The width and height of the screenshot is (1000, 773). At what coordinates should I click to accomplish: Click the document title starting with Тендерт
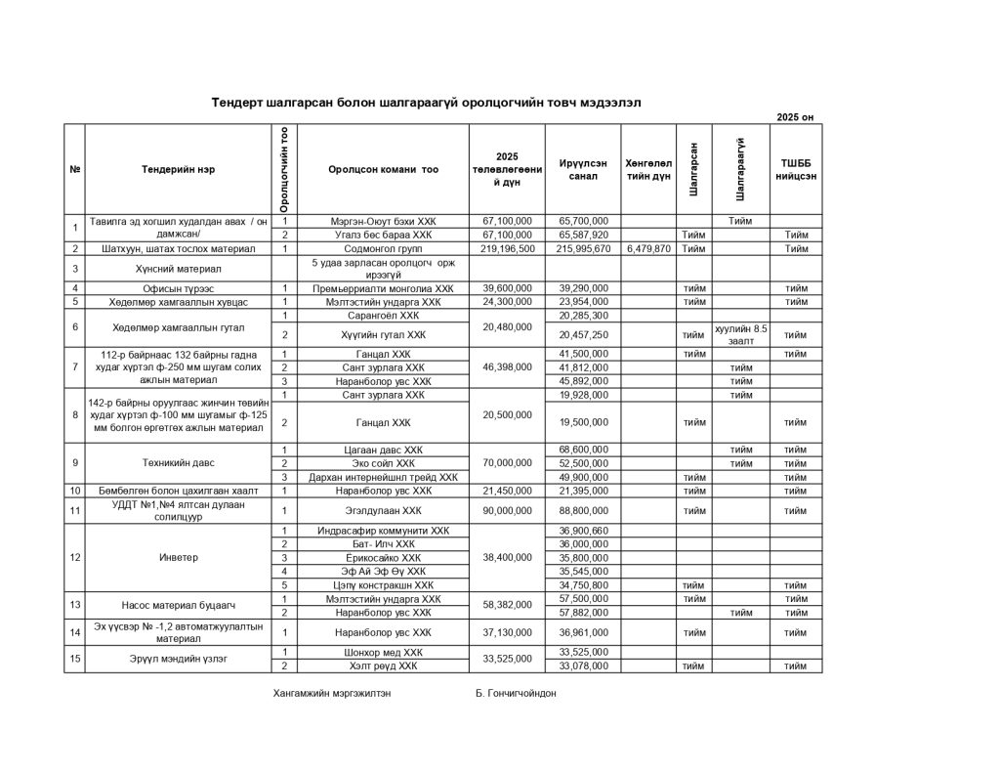[427, 103]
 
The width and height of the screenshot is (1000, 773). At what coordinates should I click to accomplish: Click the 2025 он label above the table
[794, 117]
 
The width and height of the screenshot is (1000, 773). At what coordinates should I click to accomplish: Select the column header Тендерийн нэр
[178, 169]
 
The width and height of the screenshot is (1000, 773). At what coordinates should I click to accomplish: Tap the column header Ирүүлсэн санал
[583, 169]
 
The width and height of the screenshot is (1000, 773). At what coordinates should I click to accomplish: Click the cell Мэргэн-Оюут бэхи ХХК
[383, 222]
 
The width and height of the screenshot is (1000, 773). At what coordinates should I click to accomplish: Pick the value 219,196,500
[508, 249]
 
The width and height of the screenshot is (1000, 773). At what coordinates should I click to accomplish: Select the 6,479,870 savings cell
[648, 249]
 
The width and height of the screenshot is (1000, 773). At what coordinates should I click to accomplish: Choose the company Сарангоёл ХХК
[383, 316]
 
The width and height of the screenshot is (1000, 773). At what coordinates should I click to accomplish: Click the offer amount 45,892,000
[583, 381]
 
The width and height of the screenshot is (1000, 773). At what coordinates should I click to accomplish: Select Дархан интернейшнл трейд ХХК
[383, 477]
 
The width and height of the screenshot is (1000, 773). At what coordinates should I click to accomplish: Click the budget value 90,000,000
[508, 510]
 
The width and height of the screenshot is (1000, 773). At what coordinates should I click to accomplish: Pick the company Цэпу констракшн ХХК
[383, 585]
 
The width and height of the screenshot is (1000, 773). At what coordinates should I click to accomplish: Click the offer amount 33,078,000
[583, 666]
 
